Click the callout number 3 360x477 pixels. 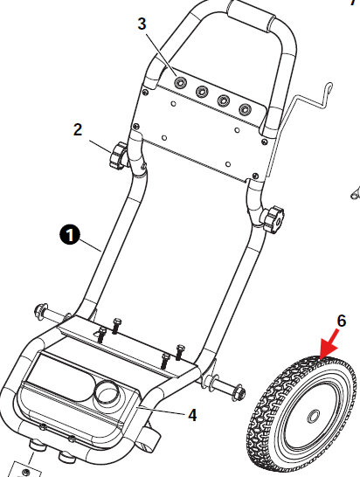point(142,24)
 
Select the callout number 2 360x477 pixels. point(78,129)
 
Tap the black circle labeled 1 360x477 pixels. point(70,235)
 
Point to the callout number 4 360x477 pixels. point(192,415)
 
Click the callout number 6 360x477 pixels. point(342,321)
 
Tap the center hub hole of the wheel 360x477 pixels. point(313,416)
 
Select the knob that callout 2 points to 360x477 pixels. point(118,156)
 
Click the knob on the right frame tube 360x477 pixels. point(272,218)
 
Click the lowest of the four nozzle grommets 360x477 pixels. point(245,109)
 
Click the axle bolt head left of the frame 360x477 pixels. point(41,311)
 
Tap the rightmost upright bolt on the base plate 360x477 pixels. point(180,352)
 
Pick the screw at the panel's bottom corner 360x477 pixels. point(255,176)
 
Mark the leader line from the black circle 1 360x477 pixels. point(90,245)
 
